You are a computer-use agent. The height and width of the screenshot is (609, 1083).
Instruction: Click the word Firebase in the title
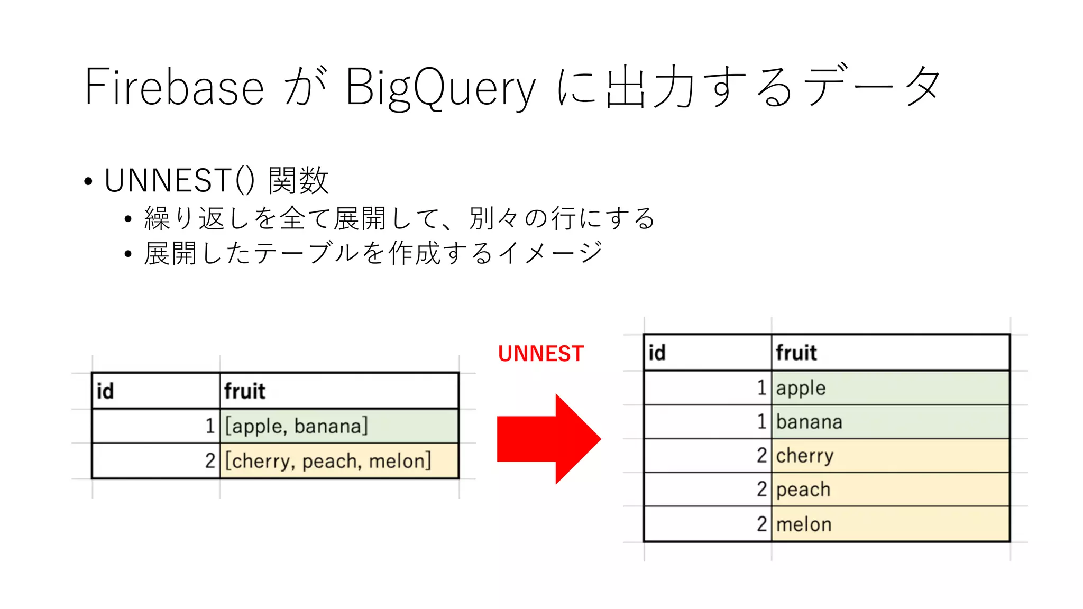(174, 87)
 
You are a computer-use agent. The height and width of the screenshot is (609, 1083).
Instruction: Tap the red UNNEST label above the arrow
(540, 354)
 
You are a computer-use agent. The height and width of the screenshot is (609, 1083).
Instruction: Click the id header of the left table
(105, 391)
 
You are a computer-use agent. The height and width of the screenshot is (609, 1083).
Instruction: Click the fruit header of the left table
(244, 391)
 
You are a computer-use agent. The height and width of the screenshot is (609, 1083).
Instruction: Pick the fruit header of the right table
(796, 353)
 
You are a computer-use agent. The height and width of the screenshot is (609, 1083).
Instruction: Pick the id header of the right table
(657, 353)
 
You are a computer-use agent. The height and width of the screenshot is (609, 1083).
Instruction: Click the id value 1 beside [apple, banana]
(210, 426)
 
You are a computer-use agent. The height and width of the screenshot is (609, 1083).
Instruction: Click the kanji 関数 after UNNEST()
(298, 180)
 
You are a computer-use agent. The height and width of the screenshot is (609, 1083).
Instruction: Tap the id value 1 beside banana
(761, 422)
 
